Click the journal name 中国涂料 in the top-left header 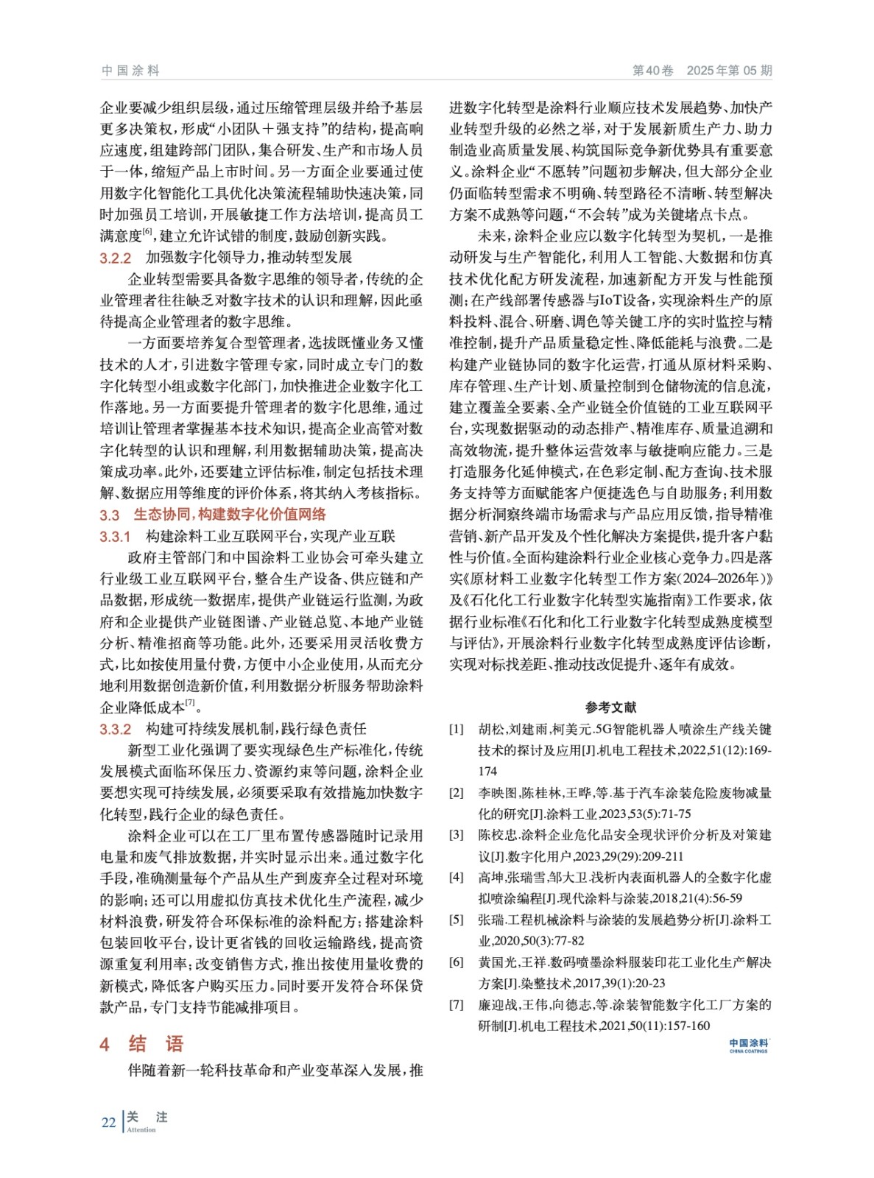click(130, 71)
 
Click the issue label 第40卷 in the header click(652, 71)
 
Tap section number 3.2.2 click(116, 258)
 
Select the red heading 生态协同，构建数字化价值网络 click(230, 515)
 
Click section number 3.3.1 click(116, 537)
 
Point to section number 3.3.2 click(116, 730)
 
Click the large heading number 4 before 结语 click(105, 1044)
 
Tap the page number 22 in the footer click(108, 1123)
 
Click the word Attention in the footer click(141, 1130)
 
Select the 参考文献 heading click(610, 708)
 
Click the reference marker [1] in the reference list click(457, 730)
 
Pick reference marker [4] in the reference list click(457, 878)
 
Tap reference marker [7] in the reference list click(457, 1005)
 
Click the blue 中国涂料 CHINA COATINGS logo click(748, 1045)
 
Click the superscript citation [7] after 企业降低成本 click(190, 703)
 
